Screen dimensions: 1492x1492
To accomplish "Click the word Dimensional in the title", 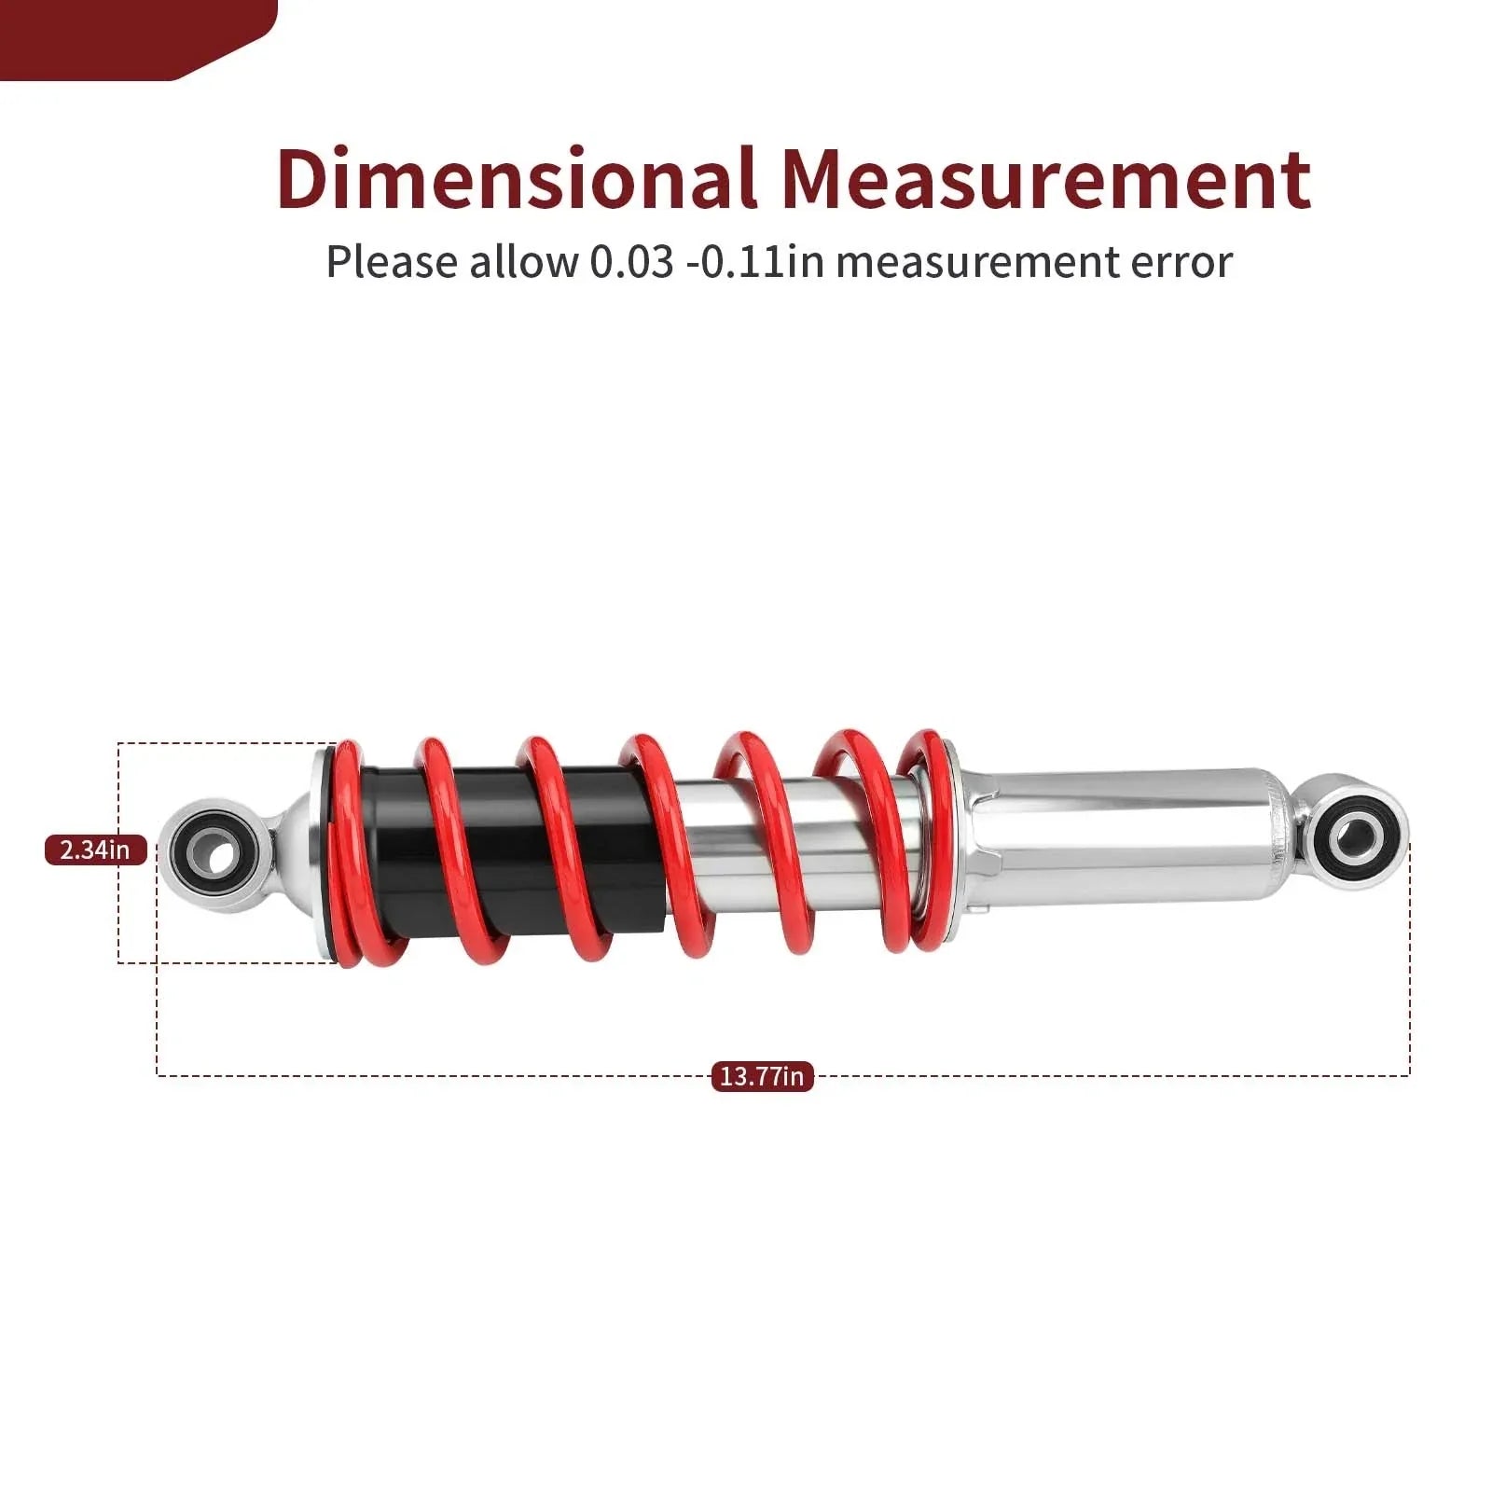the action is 516,178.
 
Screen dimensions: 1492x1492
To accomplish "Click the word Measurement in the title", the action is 1046,178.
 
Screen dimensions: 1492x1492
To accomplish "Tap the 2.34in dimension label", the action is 96,850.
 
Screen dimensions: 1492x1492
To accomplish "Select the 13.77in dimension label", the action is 762,1076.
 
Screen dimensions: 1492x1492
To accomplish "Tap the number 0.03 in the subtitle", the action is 631,262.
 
